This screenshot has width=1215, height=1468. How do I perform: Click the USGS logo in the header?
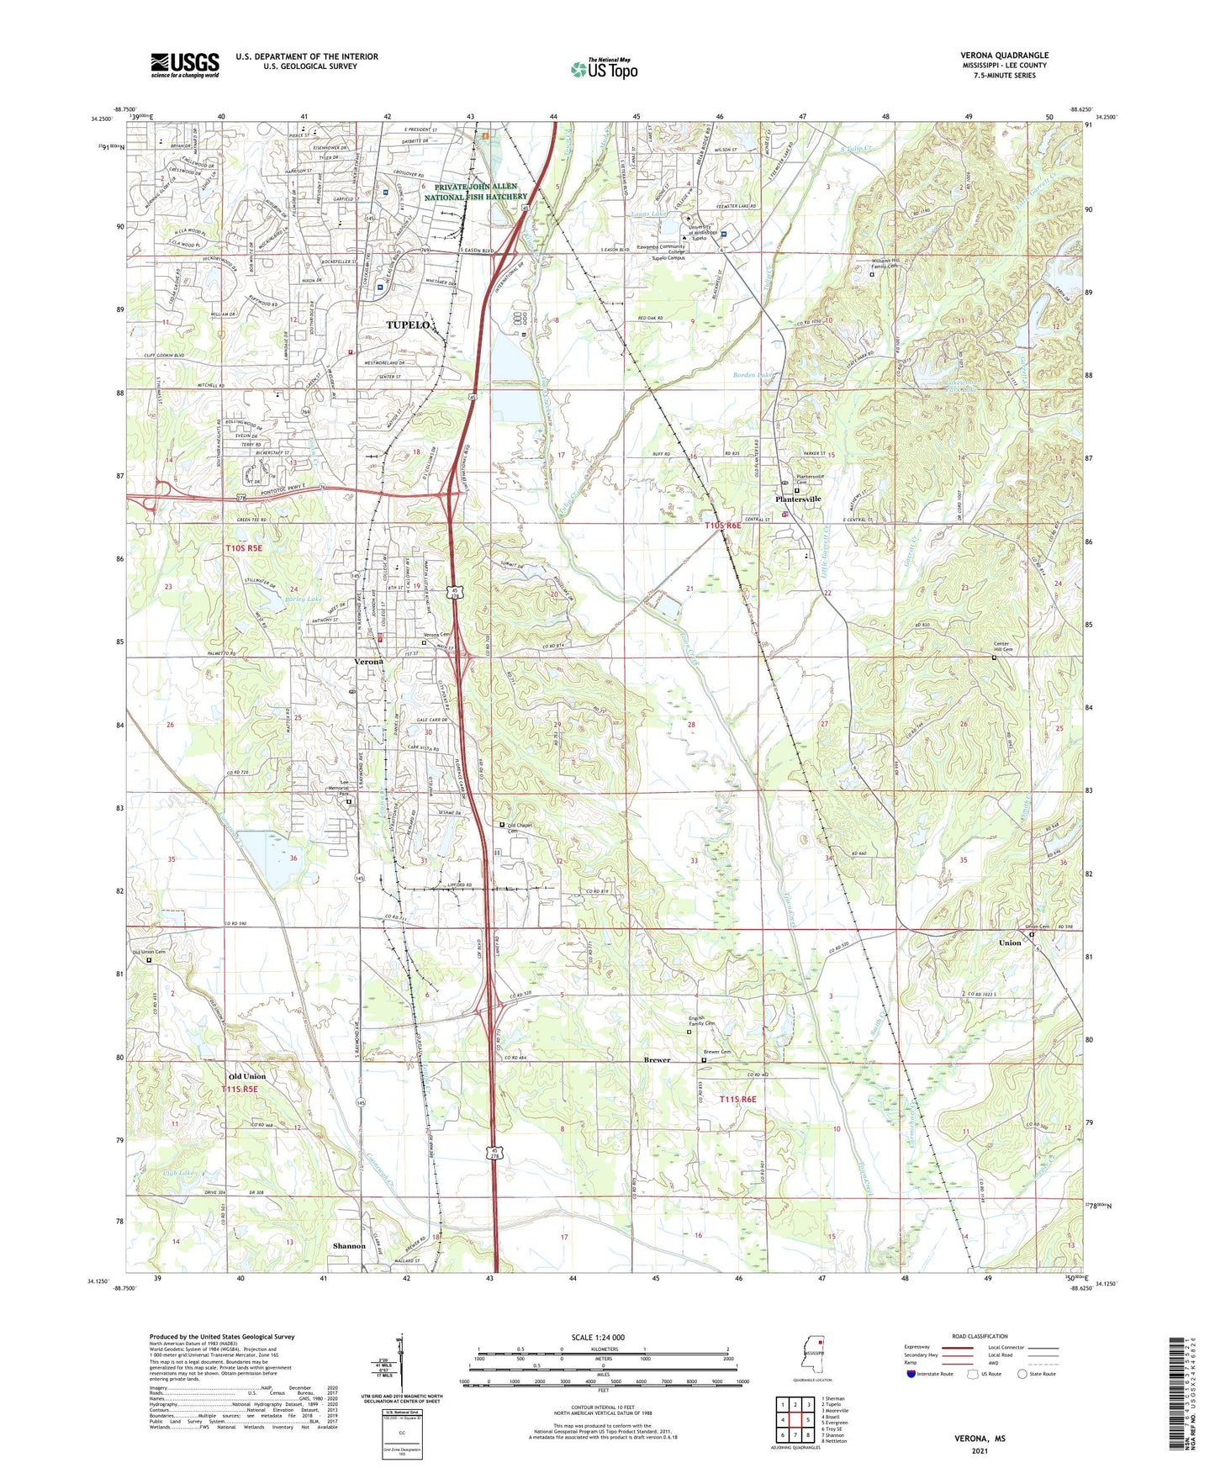185,65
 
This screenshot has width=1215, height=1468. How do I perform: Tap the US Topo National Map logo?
604,69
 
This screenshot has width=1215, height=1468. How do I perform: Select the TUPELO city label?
409,325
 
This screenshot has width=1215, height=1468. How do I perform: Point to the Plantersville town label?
797,499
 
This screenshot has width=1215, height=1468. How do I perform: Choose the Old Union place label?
247,1076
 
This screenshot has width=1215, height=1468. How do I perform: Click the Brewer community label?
657,1060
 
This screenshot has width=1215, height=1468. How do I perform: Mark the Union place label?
1010,943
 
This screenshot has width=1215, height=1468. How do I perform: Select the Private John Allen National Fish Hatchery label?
475,192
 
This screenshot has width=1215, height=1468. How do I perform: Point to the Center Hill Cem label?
1003,649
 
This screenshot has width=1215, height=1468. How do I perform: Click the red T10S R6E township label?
723,525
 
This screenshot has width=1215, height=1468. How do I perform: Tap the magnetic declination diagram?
400,1362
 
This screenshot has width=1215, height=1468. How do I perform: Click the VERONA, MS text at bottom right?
979,1439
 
